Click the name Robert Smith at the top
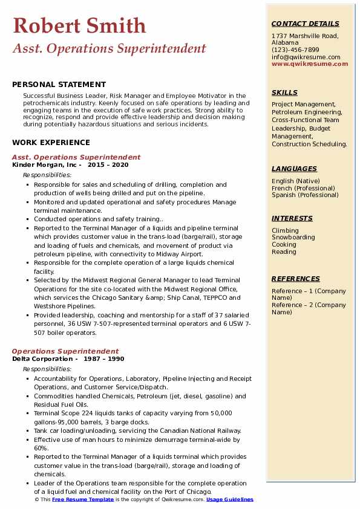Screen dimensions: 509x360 (x=79, y=26)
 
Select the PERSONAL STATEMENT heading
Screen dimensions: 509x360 (x=59, y=85)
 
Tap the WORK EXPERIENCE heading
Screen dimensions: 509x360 (x=51, y=143)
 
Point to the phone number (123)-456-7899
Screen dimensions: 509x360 (x=295, y=50)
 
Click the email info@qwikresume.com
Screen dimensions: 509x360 (x=306, y=57)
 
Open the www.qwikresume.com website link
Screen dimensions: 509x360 (x=306, y=63)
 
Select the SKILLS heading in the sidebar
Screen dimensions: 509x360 (x=284, y=92)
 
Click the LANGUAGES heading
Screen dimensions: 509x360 (x=294, y=169)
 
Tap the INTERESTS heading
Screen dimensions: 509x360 (x=292, y=218)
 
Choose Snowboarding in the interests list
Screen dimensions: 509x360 (x=293, y=238)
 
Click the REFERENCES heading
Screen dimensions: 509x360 (x=296, y=279)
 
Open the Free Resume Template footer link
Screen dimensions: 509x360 (x=82, y=500)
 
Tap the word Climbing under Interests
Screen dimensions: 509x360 (x=285, y=230)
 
